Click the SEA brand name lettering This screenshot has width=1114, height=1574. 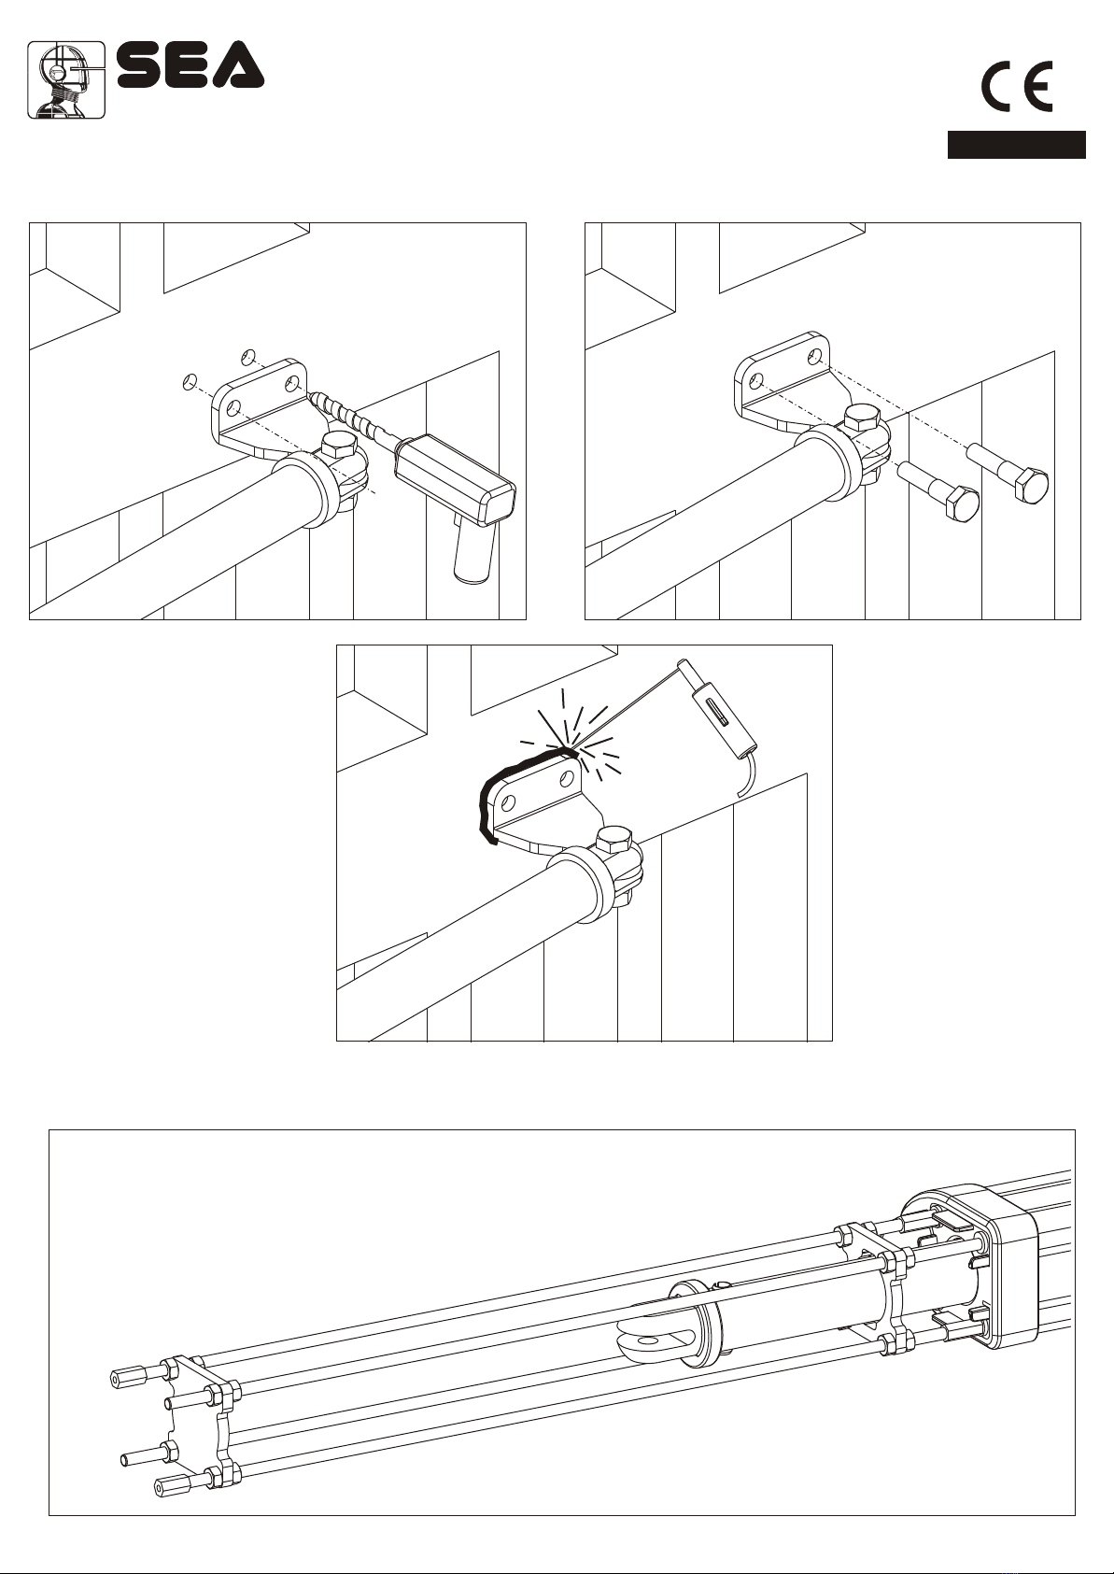coord(190,65)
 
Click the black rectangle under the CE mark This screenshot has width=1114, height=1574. coord(1016,145)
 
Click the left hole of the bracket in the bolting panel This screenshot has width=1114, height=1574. coord(757,379)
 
